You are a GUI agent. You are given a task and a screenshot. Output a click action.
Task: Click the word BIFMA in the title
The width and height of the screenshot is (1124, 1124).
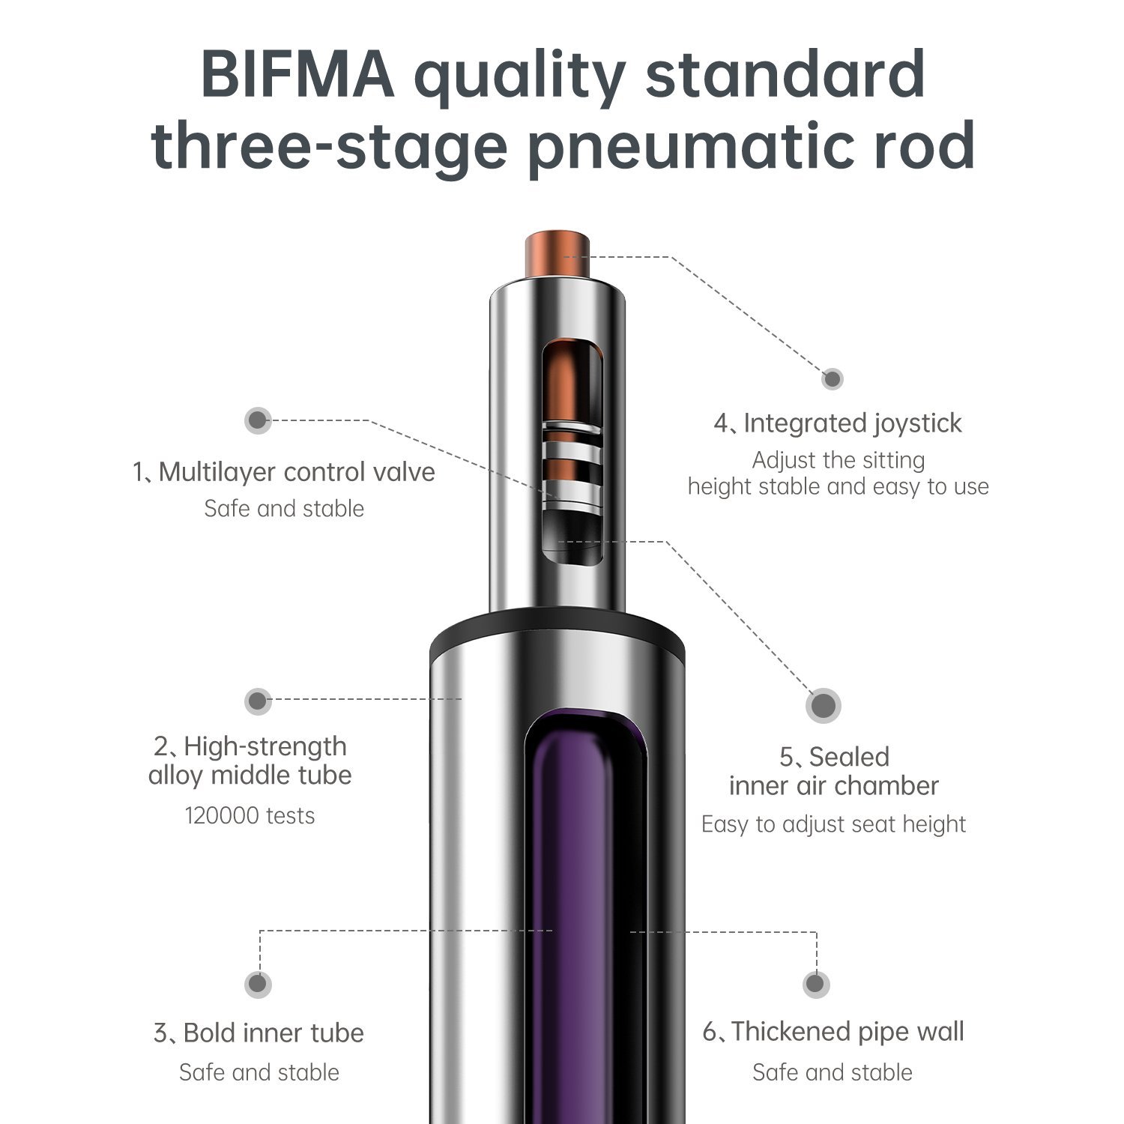point(297,74)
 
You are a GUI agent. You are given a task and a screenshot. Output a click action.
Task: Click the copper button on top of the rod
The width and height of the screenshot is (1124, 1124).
point(557,255)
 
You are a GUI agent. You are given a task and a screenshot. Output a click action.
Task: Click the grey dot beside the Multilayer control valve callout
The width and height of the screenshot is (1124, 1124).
point(258,420)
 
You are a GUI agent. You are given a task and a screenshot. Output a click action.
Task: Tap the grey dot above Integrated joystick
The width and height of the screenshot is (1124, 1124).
point(832,378)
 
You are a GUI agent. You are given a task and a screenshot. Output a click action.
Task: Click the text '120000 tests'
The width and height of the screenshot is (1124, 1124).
point(250,815)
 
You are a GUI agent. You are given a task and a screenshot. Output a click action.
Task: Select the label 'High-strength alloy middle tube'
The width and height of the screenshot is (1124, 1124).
point(250,761)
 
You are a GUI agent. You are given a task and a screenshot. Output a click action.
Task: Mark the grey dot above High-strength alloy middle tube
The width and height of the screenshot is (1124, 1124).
point(258,701)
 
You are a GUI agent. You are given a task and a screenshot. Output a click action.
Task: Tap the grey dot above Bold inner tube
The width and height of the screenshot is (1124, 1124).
point(258,984)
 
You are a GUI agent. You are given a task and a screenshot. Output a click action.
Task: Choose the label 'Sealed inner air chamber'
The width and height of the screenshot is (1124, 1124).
point(834,771)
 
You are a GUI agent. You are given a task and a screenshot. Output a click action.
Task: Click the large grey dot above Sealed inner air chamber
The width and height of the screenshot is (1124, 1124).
point(824,705)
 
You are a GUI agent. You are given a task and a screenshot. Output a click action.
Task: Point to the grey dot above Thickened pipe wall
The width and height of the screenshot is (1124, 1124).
point(815,984)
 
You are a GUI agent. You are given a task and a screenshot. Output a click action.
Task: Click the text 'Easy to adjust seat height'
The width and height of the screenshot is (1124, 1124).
point(833,824)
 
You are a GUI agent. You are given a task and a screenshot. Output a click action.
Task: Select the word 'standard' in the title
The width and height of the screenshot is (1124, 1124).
point(785,74)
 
